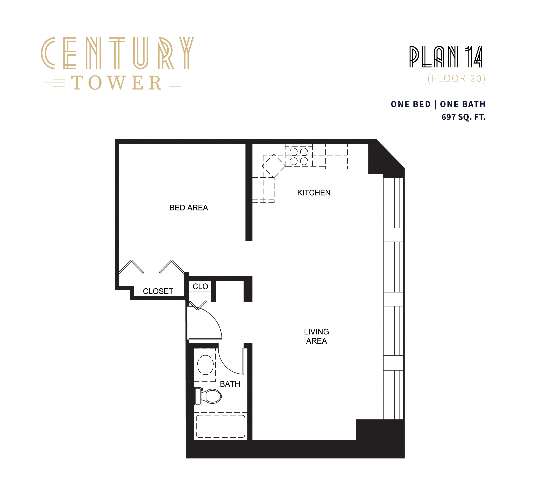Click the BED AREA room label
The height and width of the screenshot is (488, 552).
(x=189, y=207)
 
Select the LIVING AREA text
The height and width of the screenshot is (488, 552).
(x=316, y=336)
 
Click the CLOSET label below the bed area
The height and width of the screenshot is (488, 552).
(x=158, y=291)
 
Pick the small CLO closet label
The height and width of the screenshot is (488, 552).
(x=200, y=286)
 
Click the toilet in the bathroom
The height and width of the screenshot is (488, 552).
(x=209, y=396)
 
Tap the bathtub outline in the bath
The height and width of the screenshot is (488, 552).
(x=220, y=426)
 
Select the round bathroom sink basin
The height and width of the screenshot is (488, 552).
(x=205, y=365)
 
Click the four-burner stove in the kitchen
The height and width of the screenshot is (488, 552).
(x=299, y=156)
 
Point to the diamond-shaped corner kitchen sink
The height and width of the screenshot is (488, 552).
(x=274, y=166)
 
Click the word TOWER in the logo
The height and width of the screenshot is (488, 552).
(x=117, y=83)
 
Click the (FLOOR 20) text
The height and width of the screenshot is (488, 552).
(x=456, y=79)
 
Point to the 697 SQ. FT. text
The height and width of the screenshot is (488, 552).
(x=463, y=117)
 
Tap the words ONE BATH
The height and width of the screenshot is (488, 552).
(x=463, y=104)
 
